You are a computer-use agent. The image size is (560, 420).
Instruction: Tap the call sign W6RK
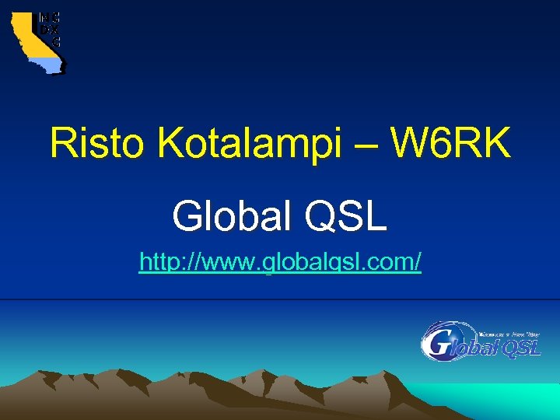451,143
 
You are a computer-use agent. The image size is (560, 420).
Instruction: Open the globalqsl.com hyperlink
280,263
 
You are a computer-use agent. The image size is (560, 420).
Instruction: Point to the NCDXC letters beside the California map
49,28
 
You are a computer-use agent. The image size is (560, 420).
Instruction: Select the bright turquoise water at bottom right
498,400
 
